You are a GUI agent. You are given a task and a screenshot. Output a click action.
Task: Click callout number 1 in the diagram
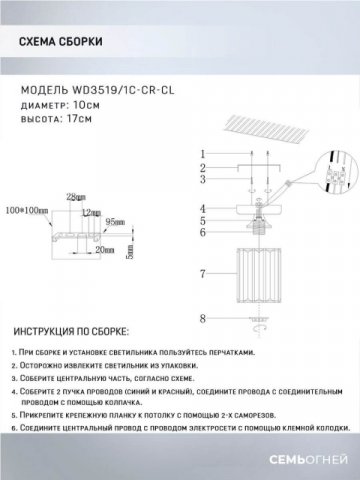click(202, 153)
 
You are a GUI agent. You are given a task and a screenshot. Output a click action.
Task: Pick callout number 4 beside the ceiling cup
click(202, 208)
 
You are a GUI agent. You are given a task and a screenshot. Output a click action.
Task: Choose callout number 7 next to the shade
click(202, 272)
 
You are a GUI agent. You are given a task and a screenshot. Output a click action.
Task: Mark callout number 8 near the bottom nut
click(202, 319)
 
